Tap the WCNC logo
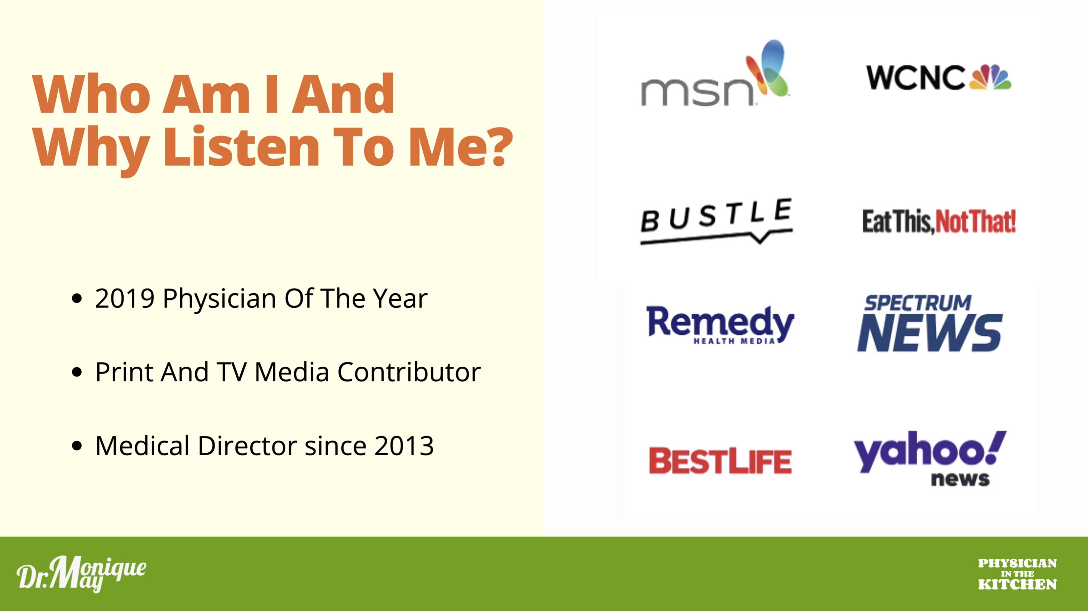[x=939, y=77]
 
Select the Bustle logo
[x=717, y=221]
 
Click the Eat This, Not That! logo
[x=939, y=221]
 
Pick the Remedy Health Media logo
[x=720, y=325]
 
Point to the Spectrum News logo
[x=930, y=323]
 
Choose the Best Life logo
[x=720, y=461]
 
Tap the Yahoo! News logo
[x=930, y=458]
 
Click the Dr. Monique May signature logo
[x=81, y=574]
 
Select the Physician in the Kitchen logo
[x=1017, y=574]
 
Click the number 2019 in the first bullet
[x=125, y=299]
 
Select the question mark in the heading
[x=497, y=147]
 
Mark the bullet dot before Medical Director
[x=77, y=446]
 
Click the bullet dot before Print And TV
[x=77, y=373]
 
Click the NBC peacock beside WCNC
[x=990, y=77]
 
